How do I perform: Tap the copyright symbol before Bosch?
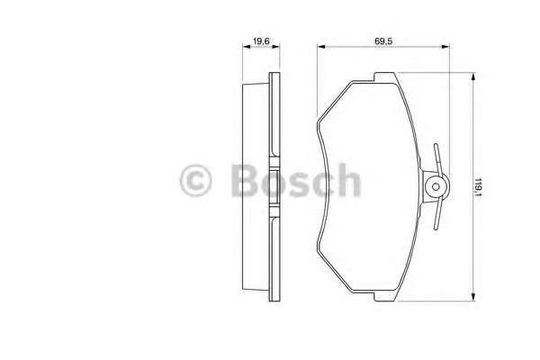pyautogui.click(x=195, y=181)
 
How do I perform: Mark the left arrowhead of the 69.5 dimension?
pyautogui.click(x=320, y=48)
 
